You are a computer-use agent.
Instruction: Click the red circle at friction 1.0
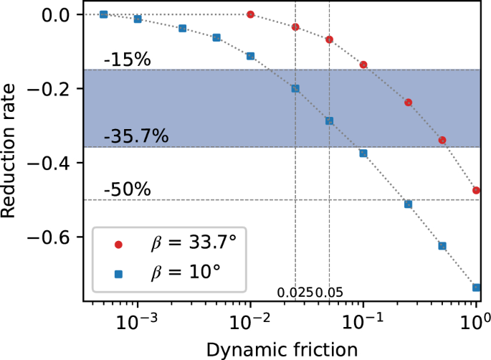pos(476,190)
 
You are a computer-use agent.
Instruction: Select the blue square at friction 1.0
pos(476,288)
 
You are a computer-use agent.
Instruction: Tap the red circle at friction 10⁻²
pos(250,14)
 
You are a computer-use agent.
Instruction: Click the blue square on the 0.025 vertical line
pos(295,89)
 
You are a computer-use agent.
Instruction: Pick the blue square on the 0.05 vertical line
pos(329,121)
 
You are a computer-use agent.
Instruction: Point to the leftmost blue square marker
pos(103,14)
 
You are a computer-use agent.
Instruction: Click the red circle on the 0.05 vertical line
pos(329,39)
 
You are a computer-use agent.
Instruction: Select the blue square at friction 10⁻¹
pos(363,153)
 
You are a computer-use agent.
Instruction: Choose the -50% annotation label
pos(127,190)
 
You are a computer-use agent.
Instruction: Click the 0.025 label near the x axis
pos(295,293)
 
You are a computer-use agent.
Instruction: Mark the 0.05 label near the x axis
pos(330,293)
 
